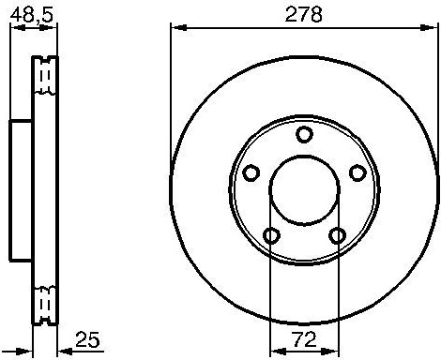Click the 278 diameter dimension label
click(303, 14)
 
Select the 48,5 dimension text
click(31, 15)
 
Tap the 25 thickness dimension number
click(87, 339)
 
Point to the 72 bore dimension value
click(304, 339)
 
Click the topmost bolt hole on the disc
click(304, 134)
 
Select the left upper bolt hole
click(251, 172)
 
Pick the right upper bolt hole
click(357, 172)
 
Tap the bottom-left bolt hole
click(271, 235)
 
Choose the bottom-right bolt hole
click(338, 235)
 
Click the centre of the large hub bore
click(304, 190)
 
